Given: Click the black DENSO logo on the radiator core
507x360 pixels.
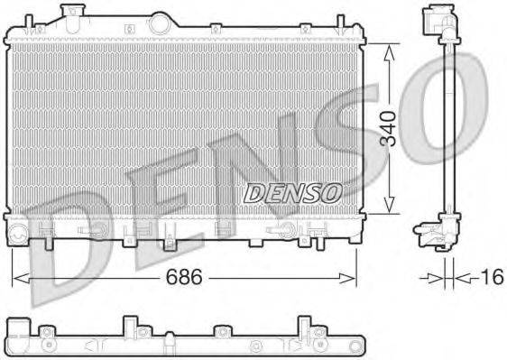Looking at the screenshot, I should coord(291,191).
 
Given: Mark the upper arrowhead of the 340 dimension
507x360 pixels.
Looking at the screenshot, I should coord(388,52).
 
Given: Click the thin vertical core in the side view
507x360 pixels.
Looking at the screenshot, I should coord(447,126).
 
